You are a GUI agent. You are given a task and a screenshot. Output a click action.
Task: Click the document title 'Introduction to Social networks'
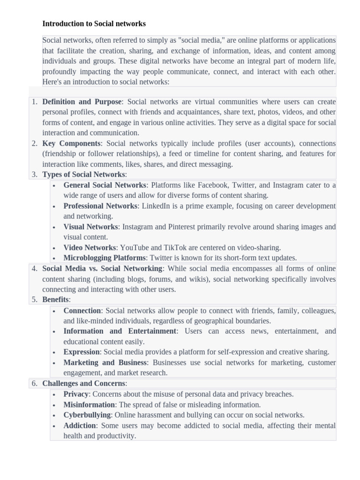coord(94,23)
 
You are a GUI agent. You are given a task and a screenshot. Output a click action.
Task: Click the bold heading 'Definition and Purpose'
coord(82,102)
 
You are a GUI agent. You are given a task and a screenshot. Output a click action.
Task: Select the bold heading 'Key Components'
coord(71,143)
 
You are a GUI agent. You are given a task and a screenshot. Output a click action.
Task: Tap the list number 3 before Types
coord(35,175)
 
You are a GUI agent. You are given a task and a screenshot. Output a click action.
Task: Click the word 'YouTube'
coord(135,247)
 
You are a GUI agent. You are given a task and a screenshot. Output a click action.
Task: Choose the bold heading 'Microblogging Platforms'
coord(105,258)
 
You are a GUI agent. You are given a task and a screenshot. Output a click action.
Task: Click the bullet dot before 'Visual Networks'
coord(54,227)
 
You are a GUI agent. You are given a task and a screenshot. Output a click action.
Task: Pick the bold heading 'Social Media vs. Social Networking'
coord(102,269)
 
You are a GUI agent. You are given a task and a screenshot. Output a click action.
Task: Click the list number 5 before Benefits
coord(35,300)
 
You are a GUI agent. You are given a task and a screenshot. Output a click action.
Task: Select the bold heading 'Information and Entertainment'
coord(120,331)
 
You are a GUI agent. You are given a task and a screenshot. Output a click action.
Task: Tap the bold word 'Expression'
coord(82,352)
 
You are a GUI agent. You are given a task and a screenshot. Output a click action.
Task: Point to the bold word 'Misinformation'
coord(89,405)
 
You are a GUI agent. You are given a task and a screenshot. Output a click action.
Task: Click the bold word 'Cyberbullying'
coord(87,415)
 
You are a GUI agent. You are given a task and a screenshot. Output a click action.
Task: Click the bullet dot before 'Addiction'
coord(54,426)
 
